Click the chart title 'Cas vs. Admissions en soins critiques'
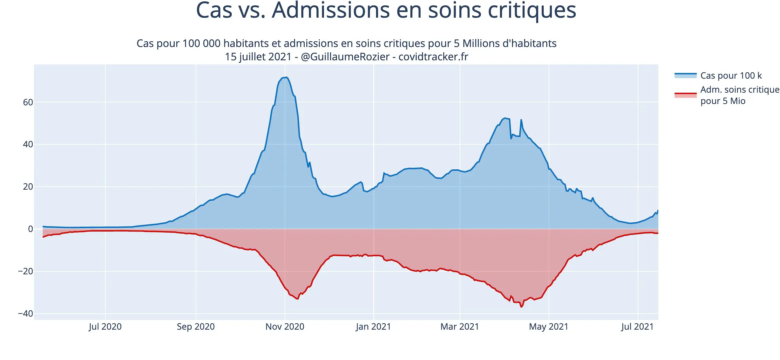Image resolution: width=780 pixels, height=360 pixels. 386,11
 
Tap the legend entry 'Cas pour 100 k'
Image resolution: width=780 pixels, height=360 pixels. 731,76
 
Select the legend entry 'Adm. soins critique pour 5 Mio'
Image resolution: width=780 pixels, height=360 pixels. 739,95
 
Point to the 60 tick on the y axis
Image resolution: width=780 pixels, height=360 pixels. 28,102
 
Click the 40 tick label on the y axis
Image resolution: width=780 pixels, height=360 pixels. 28,144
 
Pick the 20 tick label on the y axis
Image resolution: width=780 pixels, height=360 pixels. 28,187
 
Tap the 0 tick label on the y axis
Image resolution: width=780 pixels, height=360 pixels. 30,229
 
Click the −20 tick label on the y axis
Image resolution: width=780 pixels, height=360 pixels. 26,271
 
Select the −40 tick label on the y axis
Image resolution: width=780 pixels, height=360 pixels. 26,314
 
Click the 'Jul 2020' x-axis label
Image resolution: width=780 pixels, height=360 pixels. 105,327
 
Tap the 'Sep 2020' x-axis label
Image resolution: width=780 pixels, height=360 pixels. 196,327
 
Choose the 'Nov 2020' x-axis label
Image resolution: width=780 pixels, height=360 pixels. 285,327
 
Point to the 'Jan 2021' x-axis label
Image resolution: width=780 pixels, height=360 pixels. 373,327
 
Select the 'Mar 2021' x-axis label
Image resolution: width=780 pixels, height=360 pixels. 460,327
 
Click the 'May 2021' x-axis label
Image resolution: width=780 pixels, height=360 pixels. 549,327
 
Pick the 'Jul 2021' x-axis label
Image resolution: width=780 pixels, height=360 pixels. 637,327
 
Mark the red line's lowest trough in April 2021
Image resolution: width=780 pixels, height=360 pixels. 521,307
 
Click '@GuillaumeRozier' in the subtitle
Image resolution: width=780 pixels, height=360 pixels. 345,57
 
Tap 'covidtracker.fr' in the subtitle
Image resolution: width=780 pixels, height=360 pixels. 433,57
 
